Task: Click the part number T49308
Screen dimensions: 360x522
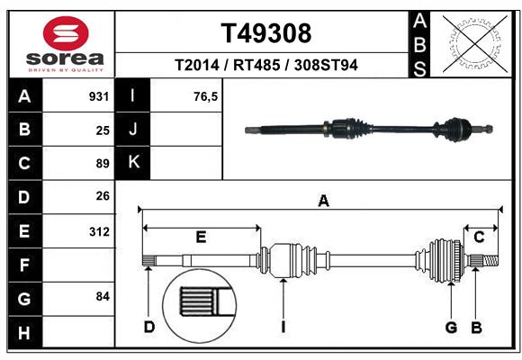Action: point(266,33)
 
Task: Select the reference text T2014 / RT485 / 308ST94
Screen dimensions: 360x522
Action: point(266,65)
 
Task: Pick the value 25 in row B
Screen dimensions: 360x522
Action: point(103,130)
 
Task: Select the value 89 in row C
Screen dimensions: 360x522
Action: point(103,164)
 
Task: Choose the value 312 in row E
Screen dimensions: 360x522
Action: point(99,231)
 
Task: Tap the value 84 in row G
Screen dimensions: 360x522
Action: point(103,296)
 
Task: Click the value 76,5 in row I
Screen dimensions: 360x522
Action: point(205,96)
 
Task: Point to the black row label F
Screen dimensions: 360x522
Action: point(23,265)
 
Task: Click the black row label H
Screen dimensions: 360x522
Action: point(23,333)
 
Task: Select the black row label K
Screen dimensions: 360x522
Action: point(133,163)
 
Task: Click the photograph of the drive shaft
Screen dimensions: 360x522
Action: point(369,129)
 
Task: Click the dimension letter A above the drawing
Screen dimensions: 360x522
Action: point(322,202)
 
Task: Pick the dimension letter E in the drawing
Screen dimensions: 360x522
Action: point(201,237)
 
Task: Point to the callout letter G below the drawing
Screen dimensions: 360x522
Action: point(451,327)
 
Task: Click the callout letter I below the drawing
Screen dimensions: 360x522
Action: point(283,327)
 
